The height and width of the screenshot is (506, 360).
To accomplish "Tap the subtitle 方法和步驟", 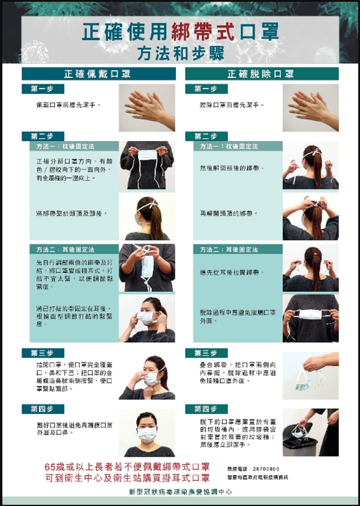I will (x=180, y=53).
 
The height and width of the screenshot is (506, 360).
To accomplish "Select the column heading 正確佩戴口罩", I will (x=99, y=74).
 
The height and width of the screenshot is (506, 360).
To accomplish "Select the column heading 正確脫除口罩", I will (x=262, y=74).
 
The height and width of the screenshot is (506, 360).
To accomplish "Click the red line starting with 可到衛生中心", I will (x=127, y=478).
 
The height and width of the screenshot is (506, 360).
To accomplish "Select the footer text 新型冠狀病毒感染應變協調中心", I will (x=180, y=492).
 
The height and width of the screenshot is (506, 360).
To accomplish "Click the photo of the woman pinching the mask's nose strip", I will (x=147, y=376).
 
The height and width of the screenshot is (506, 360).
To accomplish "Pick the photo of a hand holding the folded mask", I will (x=310, y=376).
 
